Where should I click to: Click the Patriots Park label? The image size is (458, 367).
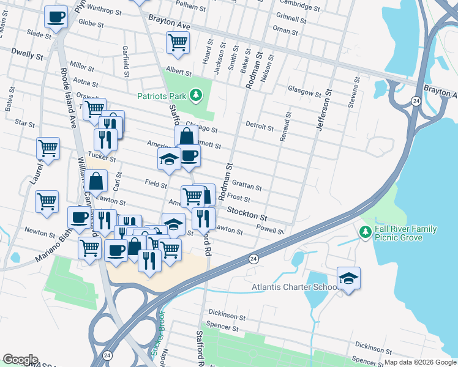[162, 95]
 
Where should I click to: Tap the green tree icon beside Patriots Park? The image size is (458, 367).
[195, 95]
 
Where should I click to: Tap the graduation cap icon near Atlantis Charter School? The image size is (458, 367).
[348, 278]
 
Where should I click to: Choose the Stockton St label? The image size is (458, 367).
[247, 213]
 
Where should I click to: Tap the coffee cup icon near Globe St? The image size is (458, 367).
[56, 17]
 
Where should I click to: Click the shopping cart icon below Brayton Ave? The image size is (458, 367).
[178, 43]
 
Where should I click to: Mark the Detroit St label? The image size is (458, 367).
[259, 127]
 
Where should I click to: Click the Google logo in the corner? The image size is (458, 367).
[20, 360]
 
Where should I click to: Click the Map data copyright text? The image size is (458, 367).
[420, 362]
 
